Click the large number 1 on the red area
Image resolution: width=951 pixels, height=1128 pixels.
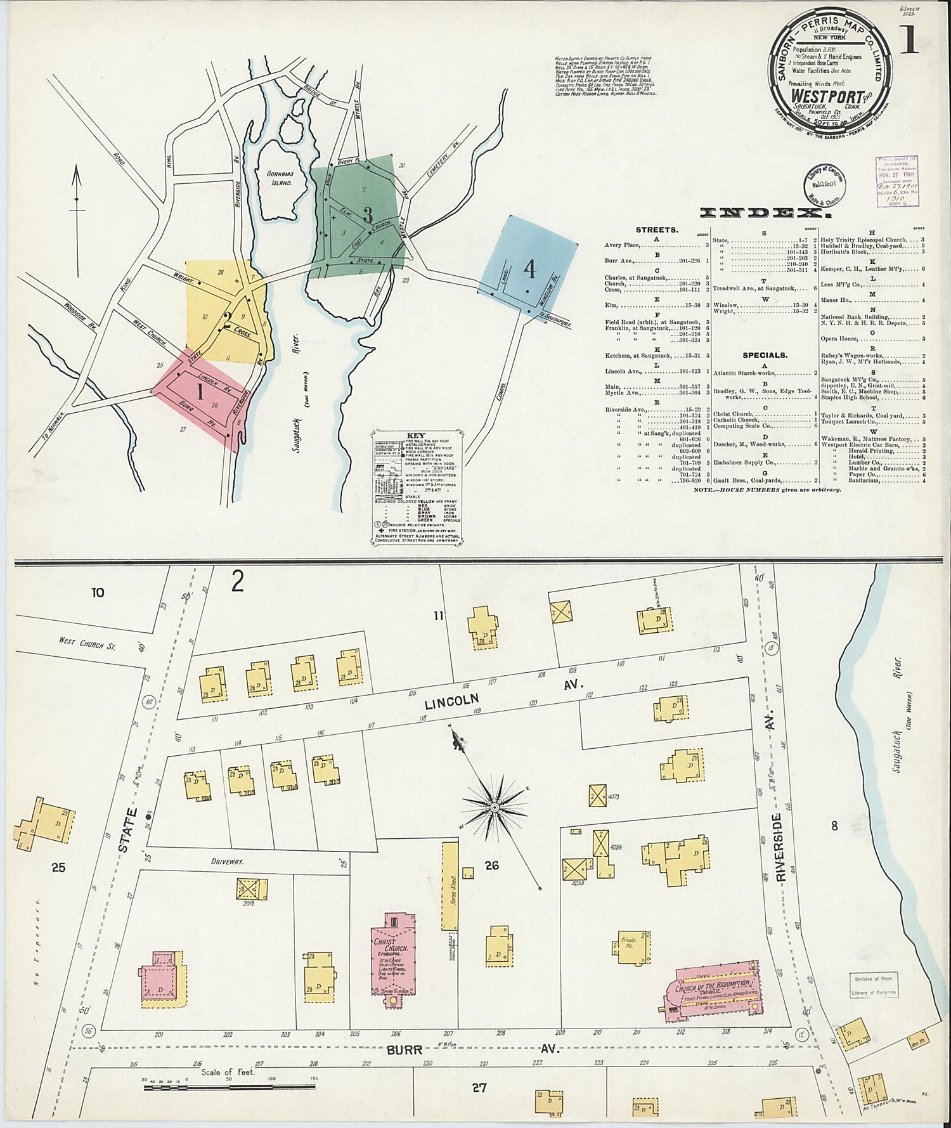click(200, 392)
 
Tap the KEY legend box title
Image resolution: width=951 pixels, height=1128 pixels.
click(416, 436)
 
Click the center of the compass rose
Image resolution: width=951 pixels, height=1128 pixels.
click(493, 807)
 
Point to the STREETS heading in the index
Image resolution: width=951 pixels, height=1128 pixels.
click(657, 230)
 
